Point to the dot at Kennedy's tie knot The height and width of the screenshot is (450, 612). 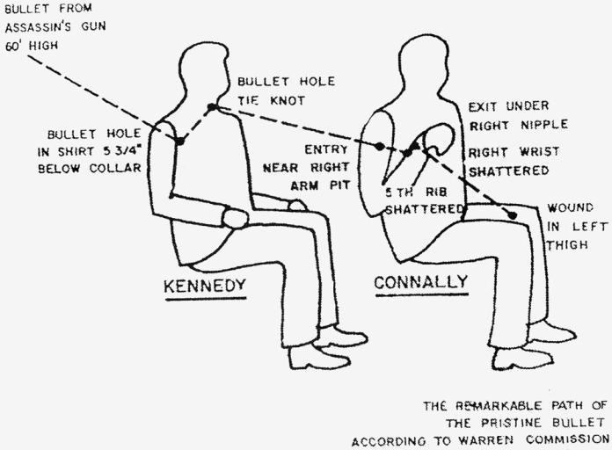(212, 107)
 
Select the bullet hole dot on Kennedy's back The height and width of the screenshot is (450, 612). (178, 141)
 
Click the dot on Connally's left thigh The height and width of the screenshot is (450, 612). (512, 214)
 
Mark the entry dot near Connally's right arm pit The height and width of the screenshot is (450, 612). (378, 146)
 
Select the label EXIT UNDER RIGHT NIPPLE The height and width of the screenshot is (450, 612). (517, 115)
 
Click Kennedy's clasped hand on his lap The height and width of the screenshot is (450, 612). (235, 217)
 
